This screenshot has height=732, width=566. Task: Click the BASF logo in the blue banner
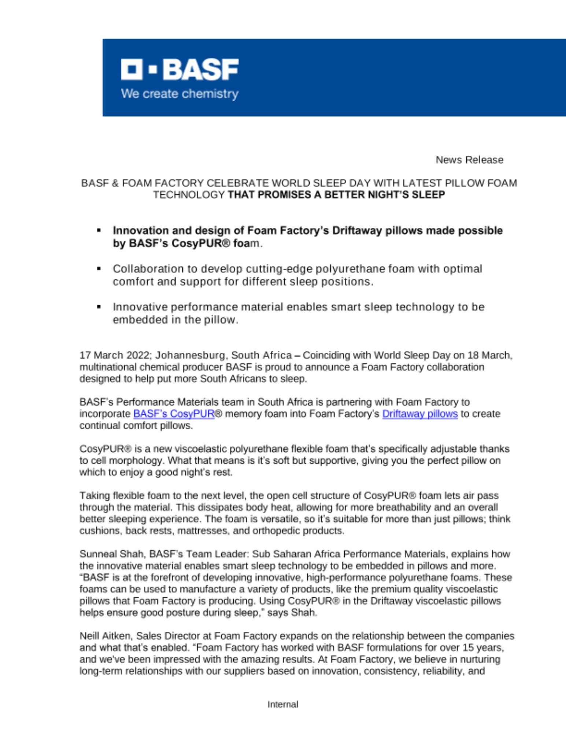pyautogui.click(x=180, y=69)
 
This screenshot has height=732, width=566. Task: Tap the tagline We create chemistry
pyautogui.click(x=180, y=94)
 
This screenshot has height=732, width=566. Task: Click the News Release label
pyautogui.click(x=469, y=160)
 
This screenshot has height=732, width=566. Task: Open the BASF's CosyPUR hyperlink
pyautogui.click(x=174, y=414)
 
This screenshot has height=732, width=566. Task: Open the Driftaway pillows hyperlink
pyautogui.click(x=420, y=414)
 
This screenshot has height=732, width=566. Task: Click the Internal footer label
pyautogui.click(x=283, y=704)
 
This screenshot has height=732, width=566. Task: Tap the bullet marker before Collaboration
pyautogui.click(x=99, y=269)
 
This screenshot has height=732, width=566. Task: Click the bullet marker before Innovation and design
pyautogui.click(x=99, y=231)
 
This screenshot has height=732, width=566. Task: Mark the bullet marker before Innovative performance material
pyautogui.click(x=99, y=307)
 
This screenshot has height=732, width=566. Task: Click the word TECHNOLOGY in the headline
pyautogui.click(x=189, y=195)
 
